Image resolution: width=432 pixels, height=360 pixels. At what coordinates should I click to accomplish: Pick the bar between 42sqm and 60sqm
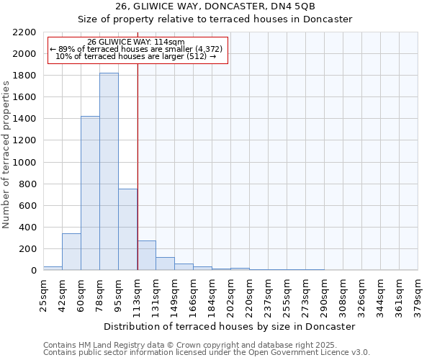71,252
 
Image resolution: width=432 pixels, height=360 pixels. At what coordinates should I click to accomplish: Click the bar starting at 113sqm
146,256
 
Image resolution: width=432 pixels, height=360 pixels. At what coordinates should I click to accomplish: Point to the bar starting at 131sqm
165,264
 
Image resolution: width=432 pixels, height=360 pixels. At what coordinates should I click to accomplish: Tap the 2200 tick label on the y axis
24,32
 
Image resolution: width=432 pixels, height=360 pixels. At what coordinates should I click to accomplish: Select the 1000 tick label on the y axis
24,163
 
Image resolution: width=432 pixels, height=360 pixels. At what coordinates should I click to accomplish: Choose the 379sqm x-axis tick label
418,294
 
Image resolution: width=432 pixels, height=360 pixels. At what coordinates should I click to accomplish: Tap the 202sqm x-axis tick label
230,294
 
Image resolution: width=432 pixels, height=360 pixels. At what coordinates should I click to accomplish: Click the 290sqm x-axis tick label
324,294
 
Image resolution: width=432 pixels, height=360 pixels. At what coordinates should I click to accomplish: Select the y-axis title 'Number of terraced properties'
6,155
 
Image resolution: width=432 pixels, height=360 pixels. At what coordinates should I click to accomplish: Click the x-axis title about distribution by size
230,326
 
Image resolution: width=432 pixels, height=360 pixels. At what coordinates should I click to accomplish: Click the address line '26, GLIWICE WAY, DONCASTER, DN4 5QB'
215,6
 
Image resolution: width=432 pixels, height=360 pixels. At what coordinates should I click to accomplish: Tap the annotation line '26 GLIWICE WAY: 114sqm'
136,42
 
